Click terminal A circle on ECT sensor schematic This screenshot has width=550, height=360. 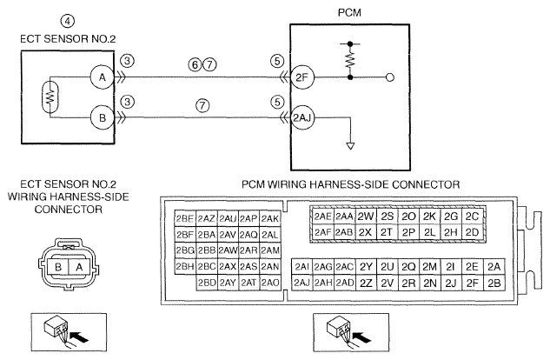102,77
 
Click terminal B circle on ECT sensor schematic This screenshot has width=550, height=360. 102,118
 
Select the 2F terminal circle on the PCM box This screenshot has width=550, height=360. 302,77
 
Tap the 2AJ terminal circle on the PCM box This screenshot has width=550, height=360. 302,118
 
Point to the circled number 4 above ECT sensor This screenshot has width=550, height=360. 68,21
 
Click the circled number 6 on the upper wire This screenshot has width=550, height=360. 195,64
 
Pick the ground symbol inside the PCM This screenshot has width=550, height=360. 350,146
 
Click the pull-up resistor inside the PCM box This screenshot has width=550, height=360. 350,61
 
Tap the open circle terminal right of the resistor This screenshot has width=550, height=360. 390,77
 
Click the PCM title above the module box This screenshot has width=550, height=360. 349,13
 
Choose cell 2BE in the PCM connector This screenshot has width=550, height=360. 185,218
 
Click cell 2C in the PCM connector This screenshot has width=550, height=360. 472,217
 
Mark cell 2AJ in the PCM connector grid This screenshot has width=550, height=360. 302,283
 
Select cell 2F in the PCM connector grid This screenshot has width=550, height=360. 473,283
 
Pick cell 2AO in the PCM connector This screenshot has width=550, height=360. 270,283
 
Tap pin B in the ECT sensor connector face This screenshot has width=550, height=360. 58,267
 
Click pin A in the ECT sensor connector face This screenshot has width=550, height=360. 79,267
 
